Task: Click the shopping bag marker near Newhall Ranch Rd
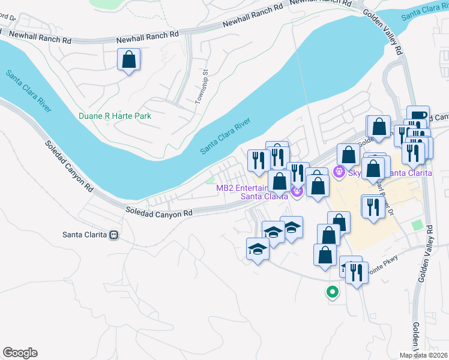coord(128,60)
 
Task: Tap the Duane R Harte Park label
coord(115,116)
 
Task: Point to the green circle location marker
coord(331,292)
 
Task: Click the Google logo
coord(20,353)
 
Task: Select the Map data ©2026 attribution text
coord(423,355)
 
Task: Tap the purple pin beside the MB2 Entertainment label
coord(296,191)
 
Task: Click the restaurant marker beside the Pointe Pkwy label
coord(357,274)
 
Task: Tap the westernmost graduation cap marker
coord(258,248)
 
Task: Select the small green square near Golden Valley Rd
coord(417,225)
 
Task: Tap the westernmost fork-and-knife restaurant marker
coord(259,160)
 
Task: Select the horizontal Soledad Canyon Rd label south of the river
coord(158,212)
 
